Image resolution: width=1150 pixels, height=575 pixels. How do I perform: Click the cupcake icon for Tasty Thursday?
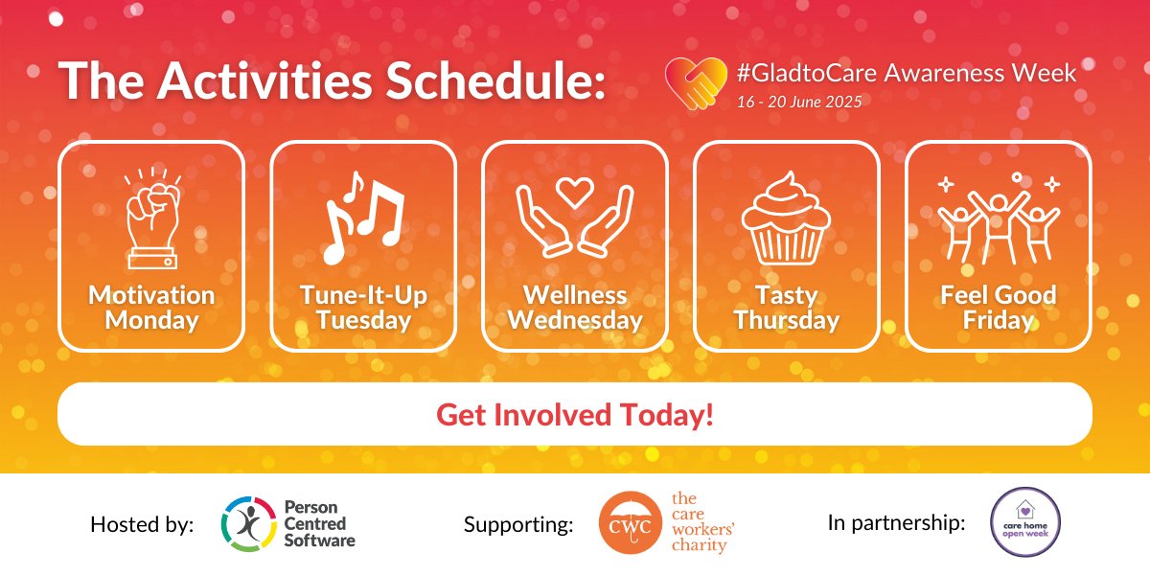[786, 218]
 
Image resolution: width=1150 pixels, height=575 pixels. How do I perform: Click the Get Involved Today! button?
[575, 415]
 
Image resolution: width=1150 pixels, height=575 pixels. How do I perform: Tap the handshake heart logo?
[695, 82]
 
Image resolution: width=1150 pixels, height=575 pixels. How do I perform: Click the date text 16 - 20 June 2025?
[798, 101]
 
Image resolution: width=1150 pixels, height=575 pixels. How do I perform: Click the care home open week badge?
[1024, 522]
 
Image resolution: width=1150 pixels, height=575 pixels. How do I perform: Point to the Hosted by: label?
[142, 524]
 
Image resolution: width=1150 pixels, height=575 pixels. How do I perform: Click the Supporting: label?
[518, 524]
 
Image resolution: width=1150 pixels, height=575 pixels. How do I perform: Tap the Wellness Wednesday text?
[575, 308]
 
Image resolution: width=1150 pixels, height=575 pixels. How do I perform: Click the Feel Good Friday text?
[998, 308]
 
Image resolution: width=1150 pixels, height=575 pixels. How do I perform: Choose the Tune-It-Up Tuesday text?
[363, 308]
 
